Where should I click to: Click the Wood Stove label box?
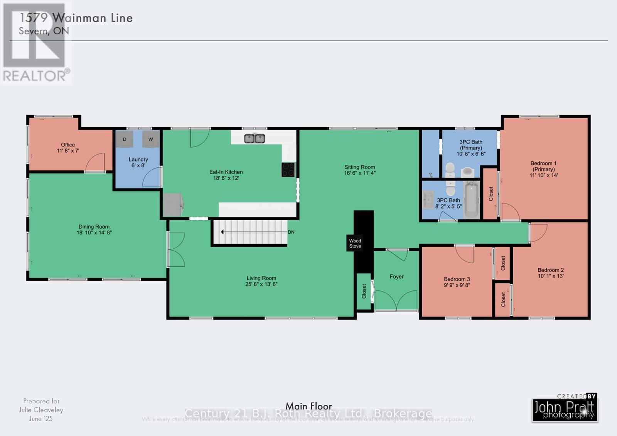pos(355,243)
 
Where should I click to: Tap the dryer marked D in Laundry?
pos(125,139)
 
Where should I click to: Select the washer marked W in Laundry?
pos(151,139)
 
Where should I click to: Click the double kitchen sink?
pos(255,138)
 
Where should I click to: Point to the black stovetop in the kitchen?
pos(288,170)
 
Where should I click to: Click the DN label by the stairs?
pos(291,232)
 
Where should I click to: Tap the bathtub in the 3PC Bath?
pos(471,200)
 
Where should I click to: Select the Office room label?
pos(68,145)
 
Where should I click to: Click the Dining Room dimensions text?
pos(94,232)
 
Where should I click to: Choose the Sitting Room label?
pos(359,167)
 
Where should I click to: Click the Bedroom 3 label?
pos(457,279)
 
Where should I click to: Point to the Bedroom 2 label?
pos(551,270)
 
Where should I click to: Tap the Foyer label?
pos(396,276)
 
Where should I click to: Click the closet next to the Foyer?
pos(364,291)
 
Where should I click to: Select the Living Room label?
pos(261,278)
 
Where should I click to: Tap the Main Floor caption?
pos(308,406)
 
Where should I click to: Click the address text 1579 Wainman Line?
pos(76,18)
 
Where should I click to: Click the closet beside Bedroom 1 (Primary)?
pos(491,194)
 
